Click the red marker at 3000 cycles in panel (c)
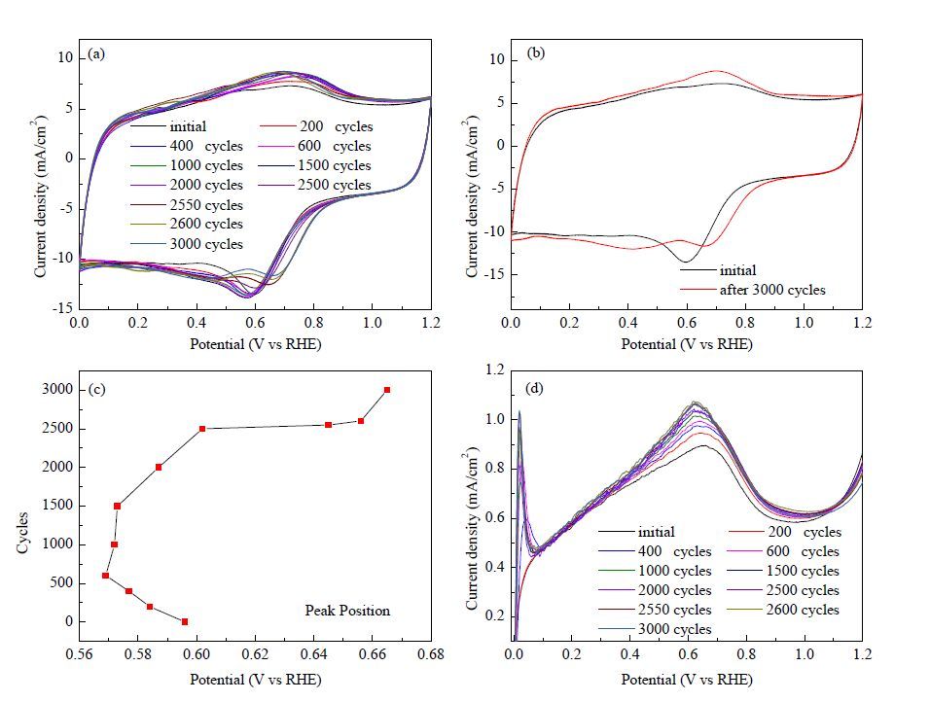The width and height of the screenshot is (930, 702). tap(387, 390)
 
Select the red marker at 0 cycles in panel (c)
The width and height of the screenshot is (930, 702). tap(185, 621)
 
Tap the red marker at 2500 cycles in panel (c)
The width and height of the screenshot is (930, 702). tap(202, 428)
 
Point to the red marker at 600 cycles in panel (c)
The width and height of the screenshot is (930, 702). tap(106, 576)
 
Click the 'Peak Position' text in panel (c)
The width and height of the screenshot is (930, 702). tap(347, 610)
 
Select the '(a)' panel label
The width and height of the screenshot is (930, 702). tap(96, 53)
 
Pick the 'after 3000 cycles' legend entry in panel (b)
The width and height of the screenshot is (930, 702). tap(753, 290)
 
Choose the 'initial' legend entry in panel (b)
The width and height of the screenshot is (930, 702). tap(718, 270)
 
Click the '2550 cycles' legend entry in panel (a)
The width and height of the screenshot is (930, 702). tap(187, 205)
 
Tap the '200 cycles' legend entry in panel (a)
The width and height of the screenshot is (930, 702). tap(316, 126)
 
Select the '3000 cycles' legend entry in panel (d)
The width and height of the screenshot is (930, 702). tap(655, 629)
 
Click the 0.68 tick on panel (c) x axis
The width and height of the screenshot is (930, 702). tap(431, 654)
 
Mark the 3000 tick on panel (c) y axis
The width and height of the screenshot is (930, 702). tap(57, 390)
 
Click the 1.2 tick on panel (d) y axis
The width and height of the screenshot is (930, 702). tap(495, 370)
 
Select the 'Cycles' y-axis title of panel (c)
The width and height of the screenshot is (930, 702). tap(23, 533)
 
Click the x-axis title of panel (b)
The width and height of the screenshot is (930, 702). tap(687, 344)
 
